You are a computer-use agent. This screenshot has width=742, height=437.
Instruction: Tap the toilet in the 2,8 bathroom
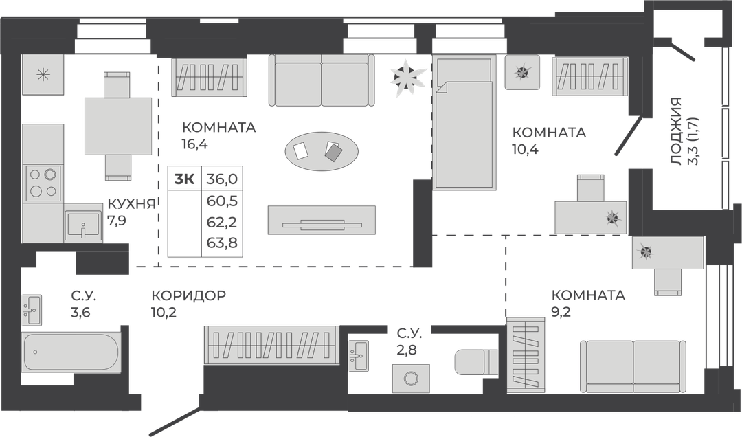point(476,362)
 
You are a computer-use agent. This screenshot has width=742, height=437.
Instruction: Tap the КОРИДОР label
point(189,295)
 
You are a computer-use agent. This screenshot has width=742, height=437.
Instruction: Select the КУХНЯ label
point(131,204)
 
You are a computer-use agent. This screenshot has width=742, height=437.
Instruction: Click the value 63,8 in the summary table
point(222,243)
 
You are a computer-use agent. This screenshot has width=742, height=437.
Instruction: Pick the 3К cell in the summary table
point(185,179)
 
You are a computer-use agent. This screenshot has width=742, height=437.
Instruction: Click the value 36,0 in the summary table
point(222,179)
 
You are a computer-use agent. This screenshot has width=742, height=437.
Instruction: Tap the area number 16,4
point(195,144)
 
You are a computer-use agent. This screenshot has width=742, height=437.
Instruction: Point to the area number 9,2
point(562,312)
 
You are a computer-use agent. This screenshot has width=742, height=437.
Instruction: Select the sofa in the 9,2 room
point(633,366)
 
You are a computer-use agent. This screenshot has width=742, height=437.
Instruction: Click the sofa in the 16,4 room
point(322,80)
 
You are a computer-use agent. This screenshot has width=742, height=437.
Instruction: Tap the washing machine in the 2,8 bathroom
point(411,379)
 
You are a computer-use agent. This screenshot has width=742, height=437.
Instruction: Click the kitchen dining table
point(118,126)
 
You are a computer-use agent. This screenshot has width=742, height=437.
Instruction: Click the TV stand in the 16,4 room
point(322,220)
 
